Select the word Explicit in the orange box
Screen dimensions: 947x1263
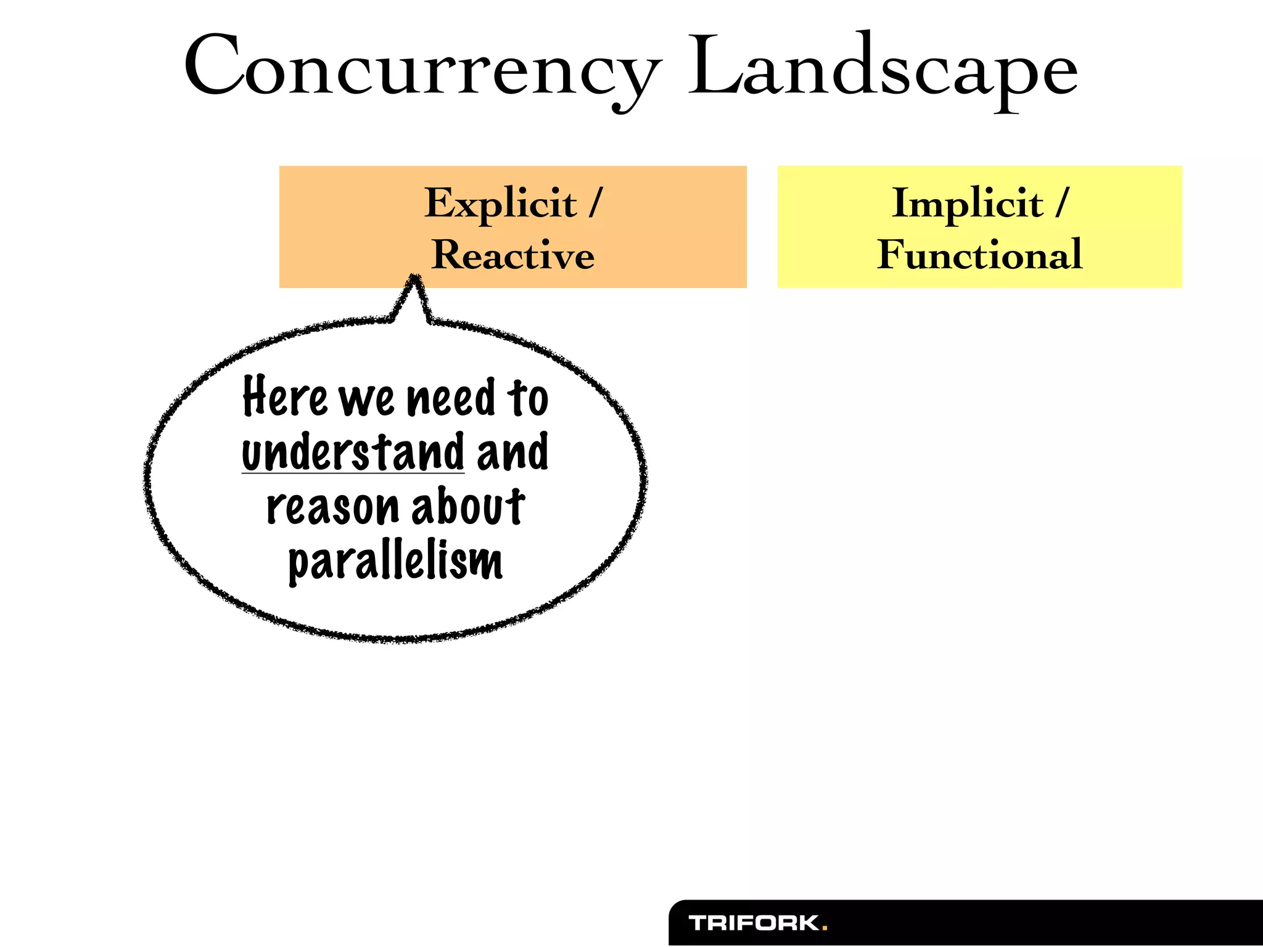click(x=500, y=203)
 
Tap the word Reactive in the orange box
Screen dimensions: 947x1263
click(x=512, y=255)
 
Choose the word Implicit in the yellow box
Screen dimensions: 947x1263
click(x=967, y=203)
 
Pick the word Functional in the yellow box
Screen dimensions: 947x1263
click(x=979, y=255)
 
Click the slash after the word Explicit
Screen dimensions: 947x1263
click(x=594, y=203)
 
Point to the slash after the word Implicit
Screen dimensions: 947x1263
click(x=1061, y=203)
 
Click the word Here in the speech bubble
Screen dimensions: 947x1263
click(x=284, y=397)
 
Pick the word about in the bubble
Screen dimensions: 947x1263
click(x=467, y=506)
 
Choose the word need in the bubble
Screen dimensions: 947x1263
click(x=451, y=398)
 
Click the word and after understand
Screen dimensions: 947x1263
click(x=512, y=452)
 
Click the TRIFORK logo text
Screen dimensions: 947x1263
click(x=754, y=923)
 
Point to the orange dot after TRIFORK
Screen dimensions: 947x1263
click(x=825, y=927)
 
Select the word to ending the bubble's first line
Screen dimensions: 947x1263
click(x=527, y=398)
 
